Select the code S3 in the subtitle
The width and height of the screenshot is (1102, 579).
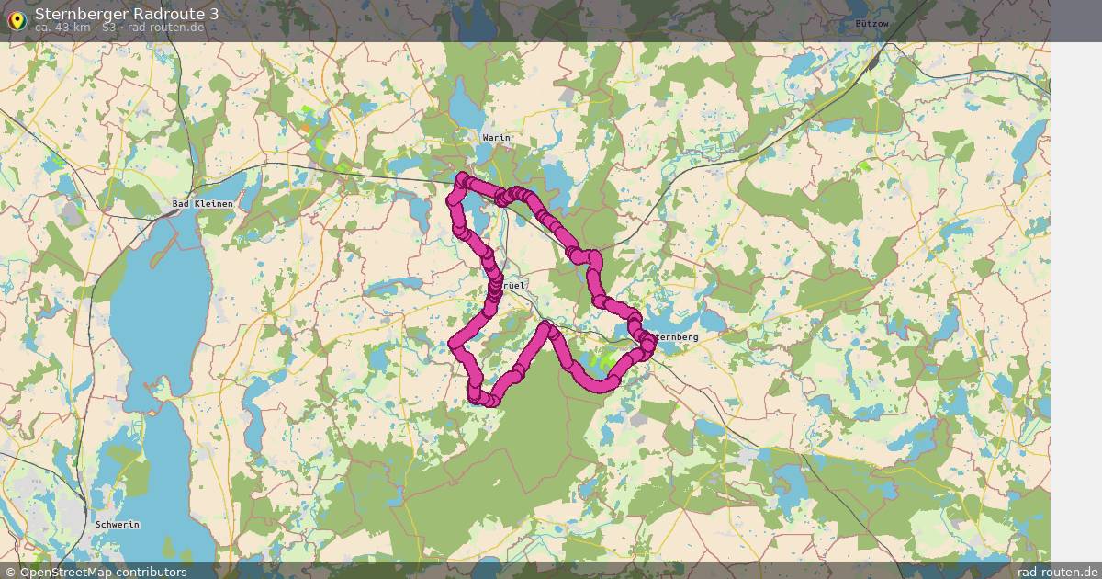click(109, 28)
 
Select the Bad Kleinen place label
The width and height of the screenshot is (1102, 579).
click(202, 203)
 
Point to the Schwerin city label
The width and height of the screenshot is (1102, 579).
click(117, 524)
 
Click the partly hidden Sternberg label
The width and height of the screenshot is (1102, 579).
click(677, 337)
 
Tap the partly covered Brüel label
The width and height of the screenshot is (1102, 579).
click(514, 286)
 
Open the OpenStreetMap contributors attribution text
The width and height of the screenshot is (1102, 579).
click(103, 572)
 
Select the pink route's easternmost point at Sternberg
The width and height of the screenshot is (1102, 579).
click(650, 343)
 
